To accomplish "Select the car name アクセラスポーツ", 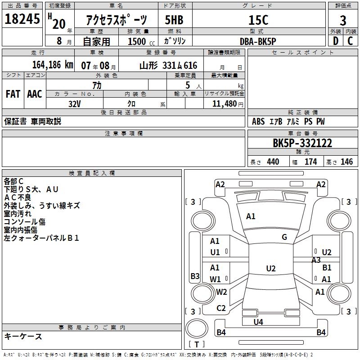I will coord(117,20).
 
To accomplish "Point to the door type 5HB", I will coord(175,20).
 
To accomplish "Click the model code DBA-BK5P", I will coord(258,40).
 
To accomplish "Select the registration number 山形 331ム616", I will coord(168,66).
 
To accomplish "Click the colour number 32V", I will coord(75,103).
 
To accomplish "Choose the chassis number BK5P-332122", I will coord(302,143).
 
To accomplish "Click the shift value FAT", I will coord(13,94).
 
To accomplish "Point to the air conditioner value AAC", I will coord(35,94).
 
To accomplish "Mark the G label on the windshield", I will coord(284,237).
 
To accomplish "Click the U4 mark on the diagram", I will coord(258,322).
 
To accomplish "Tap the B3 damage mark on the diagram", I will coord(195,276).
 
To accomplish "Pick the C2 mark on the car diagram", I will coord(221,308).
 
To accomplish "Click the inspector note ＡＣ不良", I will coord(18,197).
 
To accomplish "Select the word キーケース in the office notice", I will coord(23,337).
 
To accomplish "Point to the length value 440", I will coord(273,162).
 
